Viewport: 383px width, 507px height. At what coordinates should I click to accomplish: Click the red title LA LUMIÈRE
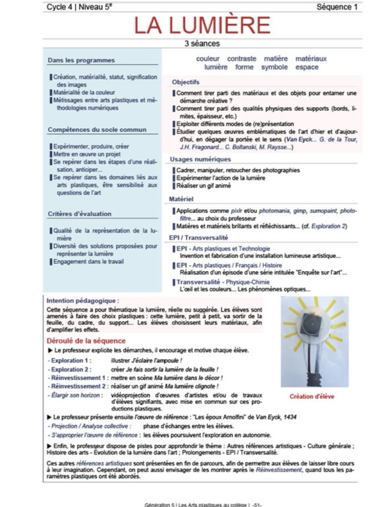pos(202,25)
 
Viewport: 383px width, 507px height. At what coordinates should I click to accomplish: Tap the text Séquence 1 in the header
pos(337,7)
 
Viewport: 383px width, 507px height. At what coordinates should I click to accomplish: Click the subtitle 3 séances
pos(202,44)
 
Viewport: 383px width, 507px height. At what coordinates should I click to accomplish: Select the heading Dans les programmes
pos(81,61)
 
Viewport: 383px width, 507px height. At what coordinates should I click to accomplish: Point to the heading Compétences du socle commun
pos(97,130)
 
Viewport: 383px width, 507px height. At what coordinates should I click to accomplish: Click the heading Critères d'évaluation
pos(80,214)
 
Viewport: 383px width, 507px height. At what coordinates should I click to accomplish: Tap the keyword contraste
pos(241,59)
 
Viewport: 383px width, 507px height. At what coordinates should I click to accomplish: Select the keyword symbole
pos(274,67)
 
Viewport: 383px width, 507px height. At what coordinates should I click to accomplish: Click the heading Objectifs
pos(186,82)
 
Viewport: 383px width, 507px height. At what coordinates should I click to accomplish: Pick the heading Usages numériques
pos(200,159)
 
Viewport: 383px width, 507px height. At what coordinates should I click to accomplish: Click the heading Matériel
pos(181,199)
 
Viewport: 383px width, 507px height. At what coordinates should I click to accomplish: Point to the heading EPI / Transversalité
pos(198,238)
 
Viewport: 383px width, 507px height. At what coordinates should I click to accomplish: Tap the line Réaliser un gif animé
pos(204,186)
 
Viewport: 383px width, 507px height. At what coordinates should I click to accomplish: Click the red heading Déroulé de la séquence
pos(86,341)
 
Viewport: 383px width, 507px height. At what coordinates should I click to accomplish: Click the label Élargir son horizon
pos(75,395)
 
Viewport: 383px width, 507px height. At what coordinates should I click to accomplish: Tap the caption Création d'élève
pos(312,396)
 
